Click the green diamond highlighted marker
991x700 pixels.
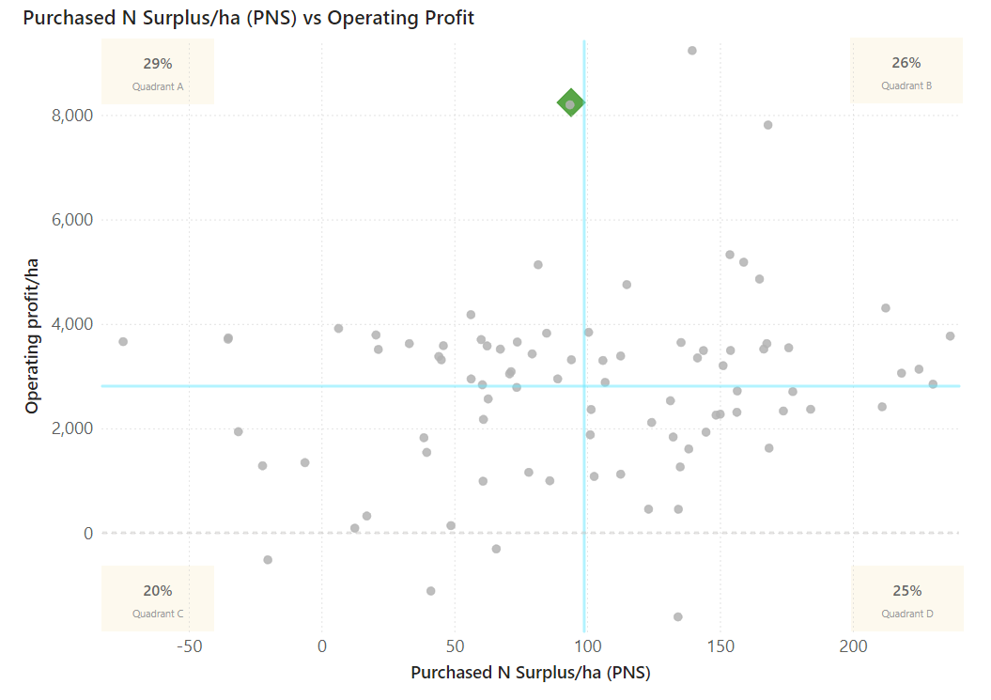coord(570,103)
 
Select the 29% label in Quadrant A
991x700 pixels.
coord(158,64)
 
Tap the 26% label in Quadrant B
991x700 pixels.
coord(906,63)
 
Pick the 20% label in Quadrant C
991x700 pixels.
coord(158,591)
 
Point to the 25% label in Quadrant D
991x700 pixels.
coord(906,591)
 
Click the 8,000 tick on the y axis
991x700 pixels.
coord(71,116)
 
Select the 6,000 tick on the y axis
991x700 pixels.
coord(71,220)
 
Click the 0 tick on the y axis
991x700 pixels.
coord(87,534)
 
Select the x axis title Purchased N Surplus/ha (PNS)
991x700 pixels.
coord(531,674)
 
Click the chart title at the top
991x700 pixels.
coord(248,18)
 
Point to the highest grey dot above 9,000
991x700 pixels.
coord(692,51)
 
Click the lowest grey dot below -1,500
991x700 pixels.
coord(678,617)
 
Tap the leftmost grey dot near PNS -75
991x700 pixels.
coord(123,342)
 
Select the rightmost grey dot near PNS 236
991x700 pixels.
coord(950,336)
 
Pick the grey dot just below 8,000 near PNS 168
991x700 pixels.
coord(767,125)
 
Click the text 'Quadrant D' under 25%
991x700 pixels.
coord(906,614)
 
